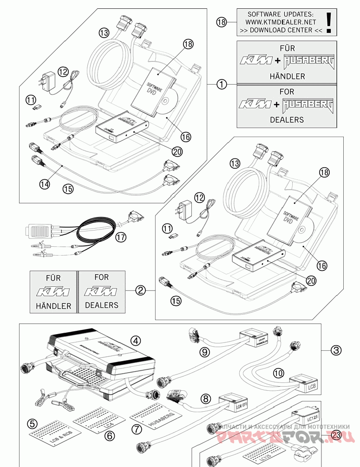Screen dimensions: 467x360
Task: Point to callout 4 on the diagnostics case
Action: (135, 341)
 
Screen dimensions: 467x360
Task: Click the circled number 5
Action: (32, 423)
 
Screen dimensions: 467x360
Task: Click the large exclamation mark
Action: (329, 22)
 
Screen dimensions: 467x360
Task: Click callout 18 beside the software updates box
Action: (222, 21)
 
